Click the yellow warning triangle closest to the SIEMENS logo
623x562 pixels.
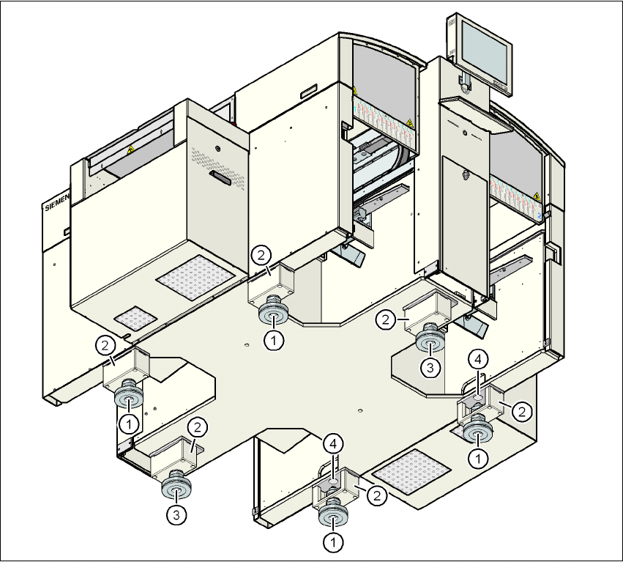coord(131,149)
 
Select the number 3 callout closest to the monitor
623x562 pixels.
coord(430,366)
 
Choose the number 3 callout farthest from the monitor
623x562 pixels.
coord(175,515)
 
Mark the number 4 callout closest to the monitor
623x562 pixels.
coord(477,359)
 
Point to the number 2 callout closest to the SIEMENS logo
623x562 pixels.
coord(106,344)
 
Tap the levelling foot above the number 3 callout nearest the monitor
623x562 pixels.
coord(430,341)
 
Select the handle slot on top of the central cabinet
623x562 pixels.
coord(306,93)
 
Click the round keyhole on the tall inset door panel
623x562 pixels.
coord(465,174)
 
